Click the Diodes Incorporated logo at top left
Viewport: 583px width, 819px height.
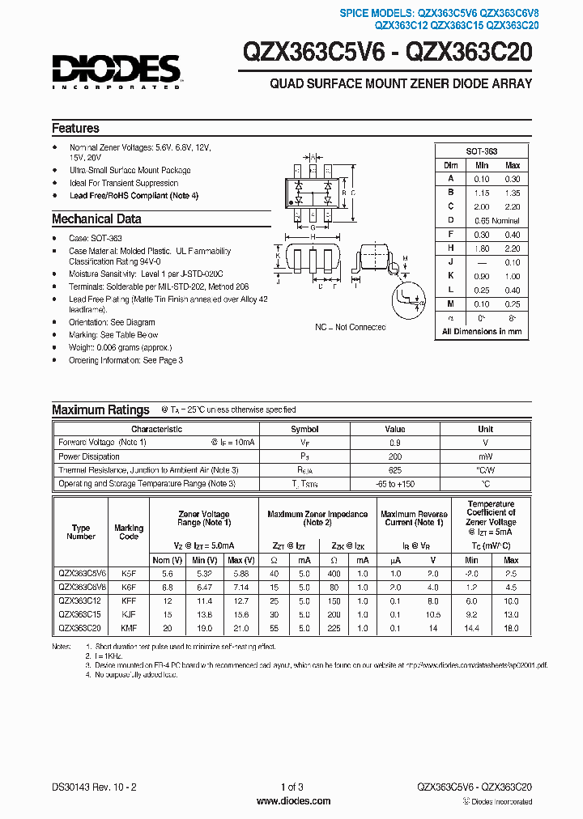pyautogui.click(x=116, y=71)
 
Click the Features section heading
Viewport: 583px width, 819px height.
pyautogui.click(x=75, y=129)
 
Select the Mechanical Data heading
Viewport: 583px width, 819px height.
pyautogui.click(x=96, y=219)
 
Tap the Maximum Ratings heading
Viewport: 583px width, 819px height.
pyautogui.click(x=100, y=409)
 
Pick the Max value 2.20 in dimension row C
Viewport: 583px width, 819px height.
pyautogui.click(x=512, y=207)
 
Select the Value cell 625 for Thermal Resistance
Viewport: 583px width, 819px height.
pyautogui.click(x=394, y=470)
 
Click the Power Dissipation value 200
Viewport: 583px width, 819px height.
pyautogui.click(x=394, y=456)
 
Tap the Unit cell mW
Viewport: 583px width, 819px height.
pyautogui.click(x=485, y=456)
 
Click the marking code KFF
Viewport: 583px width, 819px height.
pyautogui.click(x=128, y=600)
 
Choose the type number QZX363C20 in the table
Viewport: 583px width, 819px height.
pyautogui.click(x=80, y=628)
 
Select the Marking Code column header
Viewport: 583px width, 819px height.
pyautogui.click(x=128, y=532)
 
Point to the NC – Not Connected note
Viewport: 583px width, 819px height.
pyautogui.click(x=350, y=328)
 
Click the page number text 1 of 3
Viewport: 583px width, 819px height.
pyautogui.click(x=291, y=787)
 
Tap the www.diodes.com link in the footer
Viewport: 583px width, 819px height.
pyautogui.click(x=292, y=801)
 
